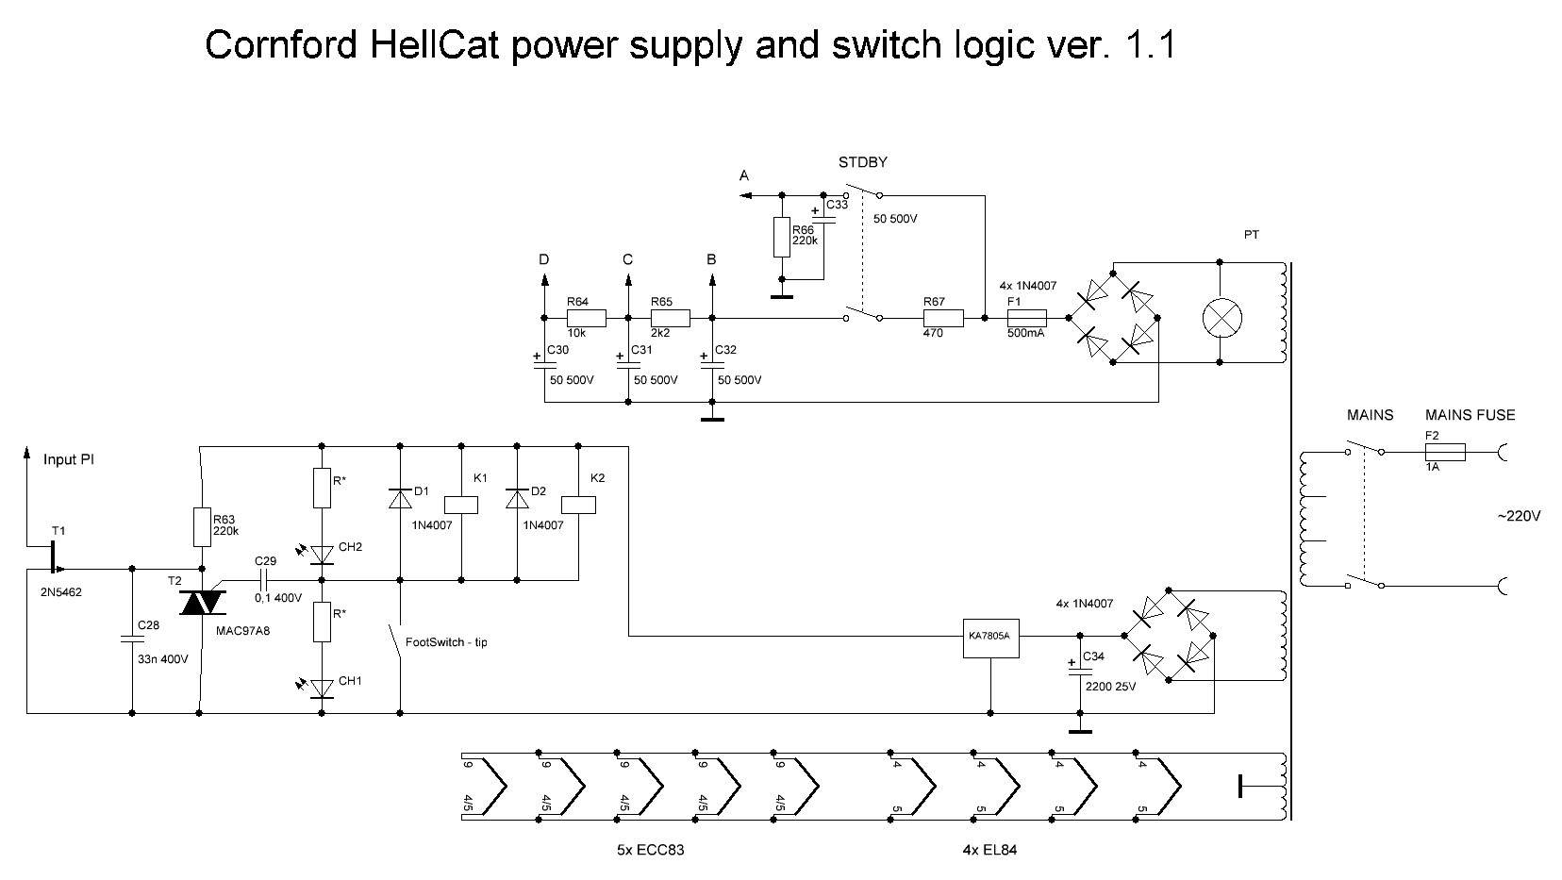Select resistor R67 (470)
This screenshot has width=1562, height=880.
coord(943,318)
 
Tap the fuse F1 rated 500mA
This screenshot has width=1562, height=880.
coord(1027,318)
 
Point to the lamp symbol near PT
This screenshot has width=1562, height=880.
coord(1221,319)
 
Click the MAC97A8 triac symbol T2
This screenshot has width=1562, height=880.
coord(202,602)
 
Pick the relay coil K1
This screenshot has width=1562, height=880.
coord(461,505)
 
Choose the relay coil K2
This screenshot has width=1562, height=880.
coord(577,505)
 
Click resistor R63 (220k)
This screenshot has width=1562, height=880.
coord(202,527)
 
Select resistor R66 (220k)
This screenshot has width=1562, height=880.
coord(782,237)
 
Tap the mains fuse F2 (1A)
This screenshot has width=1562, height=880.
coord(1444,453)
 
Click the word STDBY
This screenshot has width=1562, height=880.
coord(863,162)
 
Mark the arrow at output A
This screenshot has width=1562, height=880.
coord(745,195)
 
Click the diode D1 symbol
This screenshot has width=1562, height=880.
coord(400,497)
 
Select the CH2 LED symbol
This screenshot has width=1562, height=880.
coord(323,554)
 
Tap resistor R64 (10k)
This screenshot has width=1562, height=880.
coord(586,318)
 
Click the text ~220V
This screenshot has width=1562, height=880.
coord(1519,516)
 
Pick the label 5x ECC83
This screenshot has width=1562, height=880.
coord(650,850)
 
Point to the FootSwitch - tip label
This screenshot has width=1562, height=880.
coord(446,642)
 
